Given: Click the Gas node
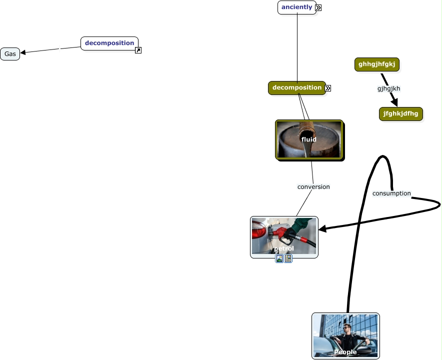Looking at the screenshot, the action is tap(10, 54).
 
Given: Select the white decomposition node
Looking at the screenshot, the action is tap(109, 43).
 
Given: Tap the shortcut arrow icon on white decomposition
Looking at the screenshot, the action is tap(138, 50).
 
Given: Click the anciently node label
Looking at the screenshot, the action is tap(296, 7).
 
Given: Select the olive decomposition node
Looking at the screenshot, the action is tap(296, 88).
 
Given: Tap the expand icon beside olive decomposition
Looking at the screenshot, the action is tap(328, 88).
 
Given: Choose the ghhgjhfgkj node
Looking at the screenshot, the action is tap(376, 64).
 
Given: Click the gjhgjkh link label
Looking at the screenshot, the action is tap(388, 88).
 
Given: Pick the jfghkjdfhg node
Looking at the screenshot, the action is tap(400, 113).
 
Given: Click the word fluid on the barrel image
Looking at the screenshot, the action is tap(308, 139).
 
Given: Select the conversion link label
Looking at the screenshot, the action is tap(313, 187).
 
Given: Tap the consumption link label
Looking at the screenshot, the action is tap(391, 193).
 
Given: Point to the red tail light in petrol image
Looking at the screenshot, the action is tap(258, 231).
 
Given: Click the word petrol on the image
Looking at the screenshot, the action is tap(283, 248).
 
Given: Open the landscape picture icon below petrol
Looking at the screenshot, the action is tap(279, 258).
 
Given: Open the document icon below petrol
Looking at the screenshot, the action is tap(288, 258).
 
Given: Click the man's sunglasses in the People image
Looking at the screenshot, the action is tap(347, 328).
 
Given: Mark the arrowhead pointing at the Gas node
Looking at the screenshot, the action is tap(23, 52).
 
